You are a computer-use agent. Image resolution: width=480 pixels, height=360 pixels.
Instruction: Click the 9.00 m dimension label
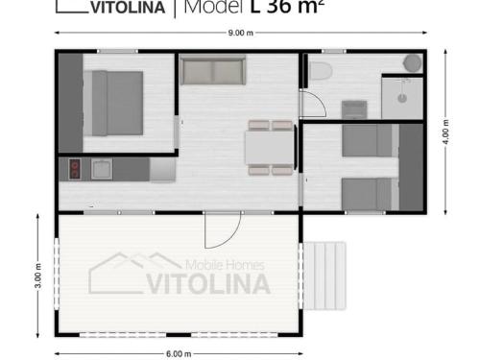click(241, 33)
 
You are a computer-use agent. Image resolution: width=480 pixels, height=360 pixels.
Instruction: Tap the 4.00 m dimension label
click(445, 132)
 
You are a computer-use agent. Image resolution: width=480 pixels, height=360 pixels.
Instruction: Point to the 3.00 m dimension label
click(37, 276)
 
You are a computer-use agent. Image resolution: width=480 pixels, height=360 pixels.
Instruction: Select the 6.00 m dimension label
click(179, 353)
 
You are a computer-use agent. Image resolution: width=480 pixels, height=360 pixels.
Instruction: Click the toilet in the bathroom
click(321, 70)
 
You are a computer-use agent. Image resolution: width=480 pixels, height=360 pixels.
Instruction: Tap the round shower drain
click(402, 98)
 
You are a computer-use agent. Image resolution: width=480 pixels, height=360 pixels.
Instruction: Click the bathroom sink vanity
click(354, 109)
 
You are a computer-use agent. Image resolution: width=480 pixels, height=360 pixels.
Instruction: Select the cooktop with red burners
click(75, 169)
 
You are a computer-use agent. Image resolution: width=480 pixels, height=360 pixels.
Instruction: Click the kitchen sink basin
click(102, 169)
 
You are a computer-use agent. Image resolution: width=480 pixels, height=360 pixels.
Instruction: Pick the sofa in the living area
click(213, 70)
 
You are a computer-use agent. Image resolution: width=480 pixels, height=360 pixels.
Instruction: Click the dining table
click(270, 148)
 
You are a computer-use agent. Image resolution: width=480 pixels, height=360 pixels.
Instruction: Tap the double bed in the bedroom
click(113, 103)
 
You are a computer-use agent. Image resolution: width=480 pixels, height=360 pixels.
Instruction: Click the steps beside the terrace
click(324, 276)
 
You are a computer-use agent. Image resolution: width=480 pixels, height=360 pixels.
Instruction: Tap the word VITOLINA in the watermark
click(208, 284)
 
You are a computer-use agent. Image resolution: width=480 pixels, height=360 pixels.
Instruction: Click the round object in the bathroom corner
click(412, 63)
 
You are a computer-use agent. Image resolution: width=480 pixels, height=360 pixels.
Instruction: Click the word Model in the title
click(214, 7)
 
